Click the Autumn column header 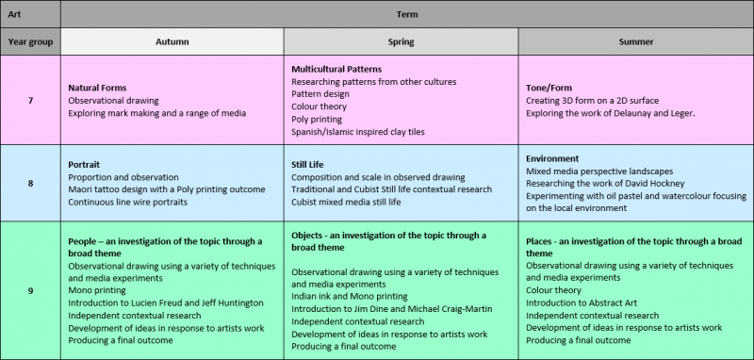(171, 41)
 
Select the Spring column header (401, 41)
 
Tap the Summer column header (636, 41)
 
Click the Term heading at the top (406, 14)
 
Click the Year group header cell (30, 41)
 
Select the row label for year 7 (30, 100)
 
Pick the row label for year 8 (30, 183)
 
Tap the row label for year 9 (30, 290)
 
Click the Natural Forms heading (104, 88)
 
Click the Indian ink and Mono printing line (349, 296)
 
